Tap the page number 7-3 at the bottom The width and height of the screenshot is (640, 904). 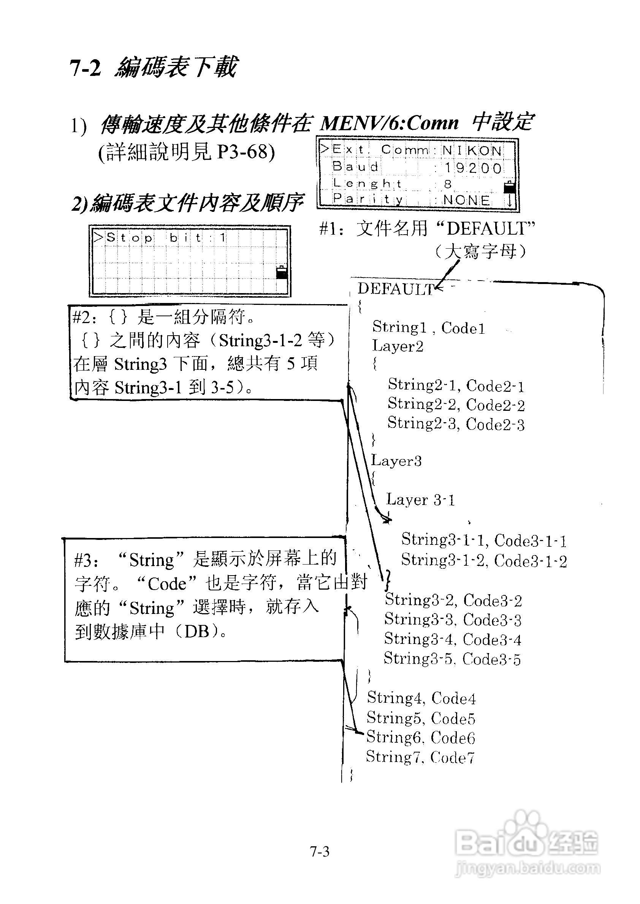[320, 852]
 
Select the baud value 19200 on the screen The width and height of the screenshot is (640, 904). [473, 168]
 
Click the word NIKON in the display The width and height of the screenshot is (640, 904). [472, 150]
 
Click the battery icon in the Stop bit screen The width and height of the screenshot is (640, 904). [281, 272]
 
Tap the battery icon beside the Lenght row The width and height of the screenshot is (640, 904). [509, 187]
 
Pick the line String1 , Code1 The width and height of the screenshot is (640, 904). [428, 327]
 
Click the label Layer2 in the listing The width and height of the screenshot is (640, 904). [398, 346]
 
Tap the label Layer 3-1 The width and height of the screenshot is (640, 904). [420, 500]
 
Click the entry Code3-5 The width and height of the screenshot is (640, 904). [491, 659]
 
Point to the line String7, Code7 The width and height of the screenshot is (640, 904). [420, 756]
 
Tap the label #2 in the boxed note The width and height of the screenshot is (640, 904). [82, 317]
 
